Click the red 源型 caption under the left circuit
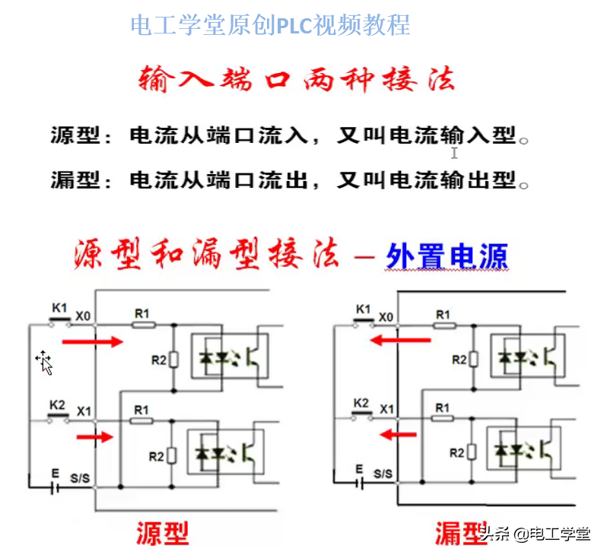click(162, 532)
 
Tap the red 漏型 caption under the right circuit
click(461, 532)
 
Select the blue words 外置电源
click(447, 257)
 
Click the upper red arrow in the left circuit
click(92, 342)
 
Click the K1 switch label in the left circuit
click(59, 308)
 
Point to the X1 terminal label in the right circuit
click(386, 410)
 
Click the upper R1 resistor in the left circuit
click(143, 325)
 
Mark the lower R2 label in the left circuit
click(156, 457)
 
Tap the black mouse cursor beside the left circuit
click(45, 363)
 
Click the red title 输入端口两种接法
click(297, 78)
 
